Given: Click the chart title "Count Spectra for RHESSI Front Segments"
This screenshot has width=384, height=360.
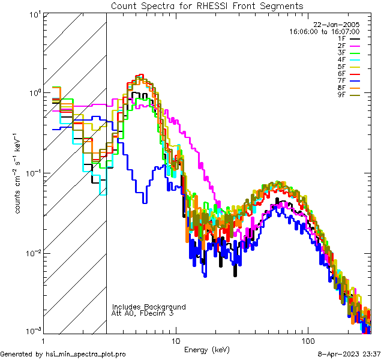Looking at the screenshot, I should point(207,5).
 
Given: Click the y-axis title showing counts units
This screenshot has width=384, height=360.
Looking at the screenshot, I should point(19,173).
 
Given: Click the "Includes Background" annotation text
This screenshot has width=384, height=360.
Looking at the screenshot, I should point(149,307).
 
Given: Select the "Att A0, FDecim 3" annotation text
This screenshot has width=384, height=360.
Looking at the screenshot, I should point(143,314).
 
